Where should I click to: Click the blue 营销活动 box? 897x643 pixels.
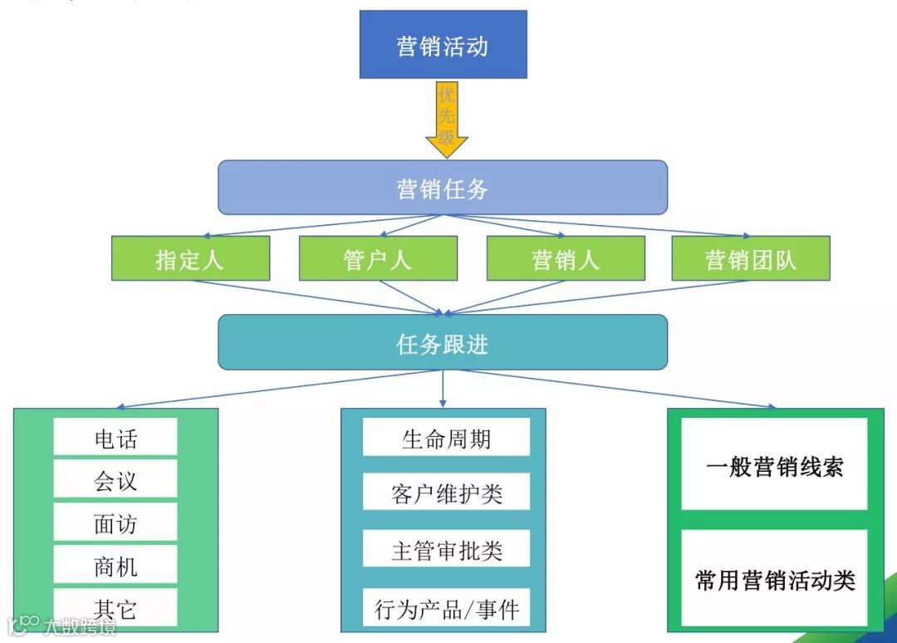(x=443, y=45)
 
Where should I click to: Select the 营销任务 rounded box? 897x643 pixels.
(x=443, y=188)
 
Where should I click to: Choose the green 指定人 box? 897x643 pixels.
(x=190, y=258)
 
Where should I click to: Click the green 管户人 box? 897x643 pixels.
(x=378, y=258)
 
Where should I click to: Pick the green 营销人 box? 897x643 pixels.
(x=566, y=258)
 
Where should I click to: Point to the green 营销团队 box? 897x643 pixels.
(x=751, y=258)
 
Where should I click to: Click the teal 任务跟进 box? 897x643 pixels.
(x=443, y=342)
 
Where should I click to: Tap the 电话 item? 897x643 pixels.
(x=115, y=437)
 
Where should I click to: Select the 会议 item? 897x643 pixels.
(x=115, y=479)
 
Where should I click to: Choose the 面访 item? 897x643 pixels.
(x=115, y=523)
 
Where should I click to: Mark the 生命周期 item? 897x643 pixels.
(x=446, y=437)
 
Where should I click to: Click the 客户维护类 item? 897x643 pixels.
(x=446, y=493)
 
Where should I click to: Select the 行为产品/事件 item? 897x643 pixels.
(x=446, y=609)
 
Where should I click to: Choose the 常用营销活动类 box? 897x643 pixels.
(x=774, y=578)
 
